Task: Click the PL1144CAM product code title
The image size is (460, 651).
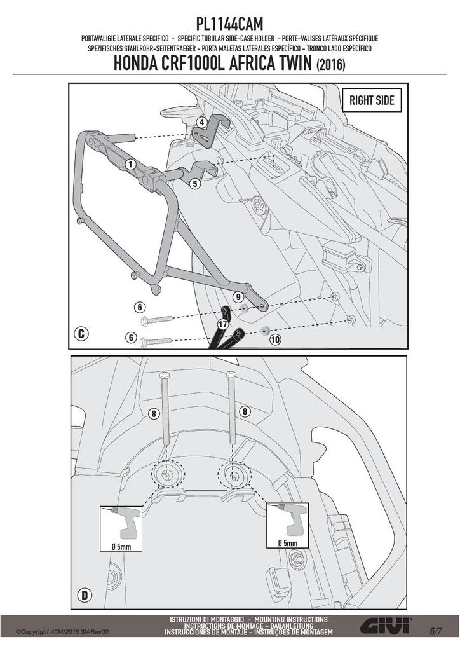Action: [x=229, y=24]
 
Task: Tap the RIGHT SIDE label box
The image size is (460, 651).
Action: [x=372, y=100]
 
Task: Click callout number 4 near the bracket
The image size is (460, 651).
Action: [x=201, y=123]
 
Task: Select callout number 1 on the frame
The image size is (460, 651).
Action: [x=131, y=165]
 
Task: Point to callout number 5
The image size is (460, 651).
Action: [x=195, y=183]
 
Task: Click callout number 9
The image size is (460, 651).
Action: [x=238, y=298]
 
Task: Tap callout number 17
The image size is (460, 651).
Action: [x=223, y=324]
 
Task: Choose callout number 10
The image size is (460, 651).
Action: [x=275, y=339]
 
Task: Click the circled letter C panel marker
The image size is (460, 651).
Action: [x=81, y=333]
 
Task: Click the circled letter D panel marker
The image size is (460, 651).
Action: [x=85, y=595]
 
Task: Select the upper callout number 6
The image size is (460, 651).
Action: [x=140, y=307]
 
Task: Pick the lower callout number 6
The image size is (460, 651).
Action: [x=131, y=338]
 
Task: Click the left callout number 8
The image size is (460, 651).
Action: [x=154, y=413]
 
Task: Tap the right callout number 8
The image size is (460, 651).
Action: [x=245, y=411]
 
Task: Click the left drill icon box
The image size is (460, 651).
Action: [x=121, y=528]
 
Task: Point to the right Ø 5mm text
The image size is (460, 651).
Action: [x=287, y=543]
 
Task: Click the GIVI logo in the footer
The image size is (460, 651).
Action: [x=386, y=626]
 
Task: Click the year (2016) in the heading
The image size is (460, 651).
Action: [x=330, y=65]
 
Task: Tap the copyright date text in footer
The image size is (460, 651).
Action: [x=62, y=632]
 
